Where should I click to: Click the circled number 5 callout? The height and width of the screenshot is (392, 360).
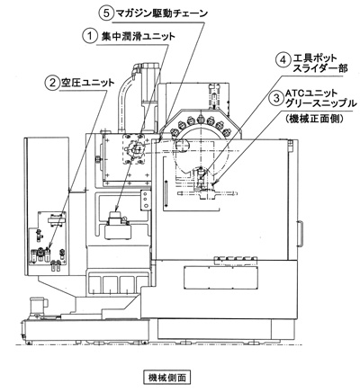tap(106, 13)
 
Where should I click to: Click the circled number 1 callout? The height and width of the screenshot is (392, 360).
tap(89, 37)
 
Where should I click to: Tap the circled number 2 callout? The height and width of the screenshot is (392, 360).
tap(51, 83)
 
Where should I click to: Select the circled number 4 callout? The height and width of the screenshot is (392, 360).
tap(283, 60)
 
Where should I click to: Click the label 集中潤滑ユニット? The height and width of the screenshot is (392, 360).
tap(136, 37)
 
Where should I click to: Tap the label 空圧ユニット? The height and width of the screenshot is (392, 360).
tap(88, 82)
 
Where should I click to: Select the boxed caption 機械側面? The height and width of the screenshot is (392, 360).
tap(166, 377)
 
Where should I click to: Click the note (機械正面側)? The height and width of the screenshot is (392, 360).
tap(314, 119)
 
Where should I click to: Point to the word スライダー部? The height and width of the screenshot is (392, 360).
tap(319, 68)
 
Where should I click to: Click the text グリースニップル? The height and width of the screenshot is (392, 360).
tap(321, 103)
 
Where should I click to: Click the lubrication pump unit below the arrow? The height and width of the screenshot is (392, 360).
tap(118, 225)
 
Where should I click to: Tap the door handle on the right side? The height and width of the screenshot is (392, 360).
tap(301, 234)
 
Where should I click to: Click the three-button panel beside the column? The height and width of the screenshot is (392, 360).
tap(146, 200)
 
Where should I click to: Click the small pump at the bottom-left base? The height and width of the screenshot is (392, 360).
tap(38, 306)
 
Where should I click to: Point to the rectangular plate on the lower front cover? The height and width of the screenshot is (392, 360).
tap(220, 277)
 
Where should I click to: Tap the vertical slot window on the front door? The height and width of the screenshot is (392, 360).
tap(166, 194)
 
